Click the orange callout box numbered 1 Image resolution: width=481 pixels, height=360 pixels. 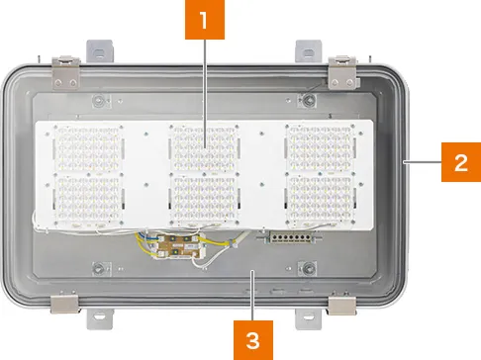(x=205, y=20)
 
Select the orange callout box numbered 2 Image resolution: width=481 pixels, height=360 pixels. (x=461, y=162)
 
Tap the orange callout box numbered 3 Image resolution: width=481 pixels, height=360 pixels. (x=253, y=340)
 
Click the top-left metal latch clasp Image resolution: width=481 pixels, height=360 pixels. (x=66, y=72)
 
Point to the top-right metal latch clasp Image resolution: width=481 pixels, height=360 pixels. (x=342, y=72)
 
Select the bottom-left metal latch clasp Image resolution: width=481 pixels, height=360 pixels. (x=64, y=304)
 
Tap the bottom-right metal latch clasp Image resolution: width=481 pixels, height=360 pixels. (x=342, y=305)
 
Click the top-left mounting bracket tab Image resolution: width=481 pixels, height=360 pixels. (x=100, y=51)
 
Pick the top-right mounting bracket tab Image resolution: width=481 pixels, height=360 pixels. (x=308, y=51)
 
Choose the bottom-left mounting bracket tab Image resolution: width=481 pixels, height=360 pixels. (x=100, y=318)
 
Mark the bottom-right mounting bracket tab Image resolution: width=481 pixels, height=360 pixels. (x=308, y=318)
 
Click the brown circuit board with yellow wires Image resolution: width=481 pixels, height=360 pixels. (x=177, y=246)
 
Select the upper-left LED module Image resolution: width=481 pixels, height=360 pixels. (x=88, y=147)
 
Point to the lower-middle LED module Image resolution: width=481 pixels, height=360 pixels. (x=204, y=199)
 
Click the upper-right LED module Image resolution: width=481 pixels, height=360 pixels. (x=321, y=147)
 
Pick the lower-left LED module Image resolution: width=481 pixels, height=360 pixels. (x=88, y=199)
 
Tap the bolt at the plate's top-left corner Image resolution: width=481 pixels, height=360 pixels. (x=98, y=100)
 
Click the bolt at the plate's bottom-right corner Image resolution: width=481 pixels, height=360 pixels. (x=309, y=269)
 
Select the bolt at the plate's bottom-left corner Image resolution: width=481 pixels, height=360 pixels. (x=98, y=269)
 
